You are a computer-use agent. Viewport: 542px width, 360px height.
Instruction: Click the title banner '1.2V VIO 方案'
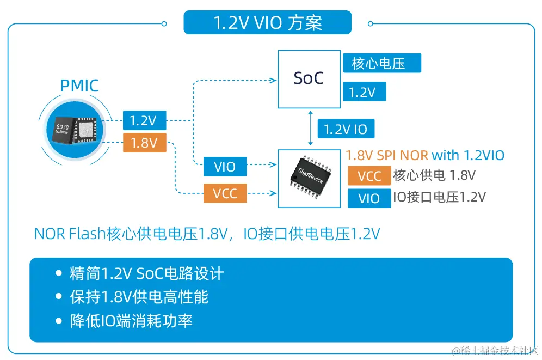(x=267, y=22)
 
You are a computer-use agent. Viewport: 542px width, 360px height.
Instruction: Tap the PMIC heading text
(x=79, y=86)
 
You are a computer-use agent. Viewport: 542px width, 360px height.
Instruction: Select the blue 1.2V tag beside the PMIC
(x=144, y=120)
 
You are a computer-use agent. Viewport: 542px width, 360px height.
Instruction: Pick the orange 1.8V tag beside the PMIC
(x=144, y=143)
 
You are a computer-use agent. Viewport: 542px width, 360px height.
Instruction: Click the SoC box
(x=308, y=79)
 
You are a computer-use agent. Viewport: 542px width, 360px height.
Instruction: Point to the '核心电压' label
(x=381, y=63)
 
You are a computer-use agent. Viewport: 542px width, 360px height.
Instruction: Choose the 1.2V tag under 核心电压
(x=364, y=91)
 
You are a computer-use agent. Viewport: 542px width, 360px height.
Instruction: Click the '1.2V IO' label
(x=346, y=129)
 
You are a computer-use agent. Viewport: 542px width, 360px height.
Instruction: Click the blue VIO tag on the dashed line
(x=225, y=166)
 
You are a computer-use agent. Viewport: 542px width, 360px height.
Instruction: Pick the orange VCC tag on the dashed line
(x=225, y=193)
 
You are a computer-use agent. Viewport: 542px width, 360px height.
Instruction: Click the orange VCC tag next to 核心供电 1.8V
(x=369, y=176)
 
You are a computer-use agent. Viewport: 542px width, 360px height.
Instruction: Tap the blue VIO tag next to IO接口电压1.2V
(x=369, y=198)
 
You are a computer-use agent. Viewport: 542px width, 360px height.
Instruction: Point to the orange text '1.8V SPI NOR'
(x=387, y=155)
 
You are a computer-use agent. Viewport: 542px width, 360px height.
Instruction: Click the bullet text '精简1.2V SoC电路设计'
(x=146, y=273)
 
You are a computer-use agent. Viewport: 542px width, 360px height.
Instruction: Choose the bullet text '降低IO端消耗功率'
(x=131, y=320)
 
